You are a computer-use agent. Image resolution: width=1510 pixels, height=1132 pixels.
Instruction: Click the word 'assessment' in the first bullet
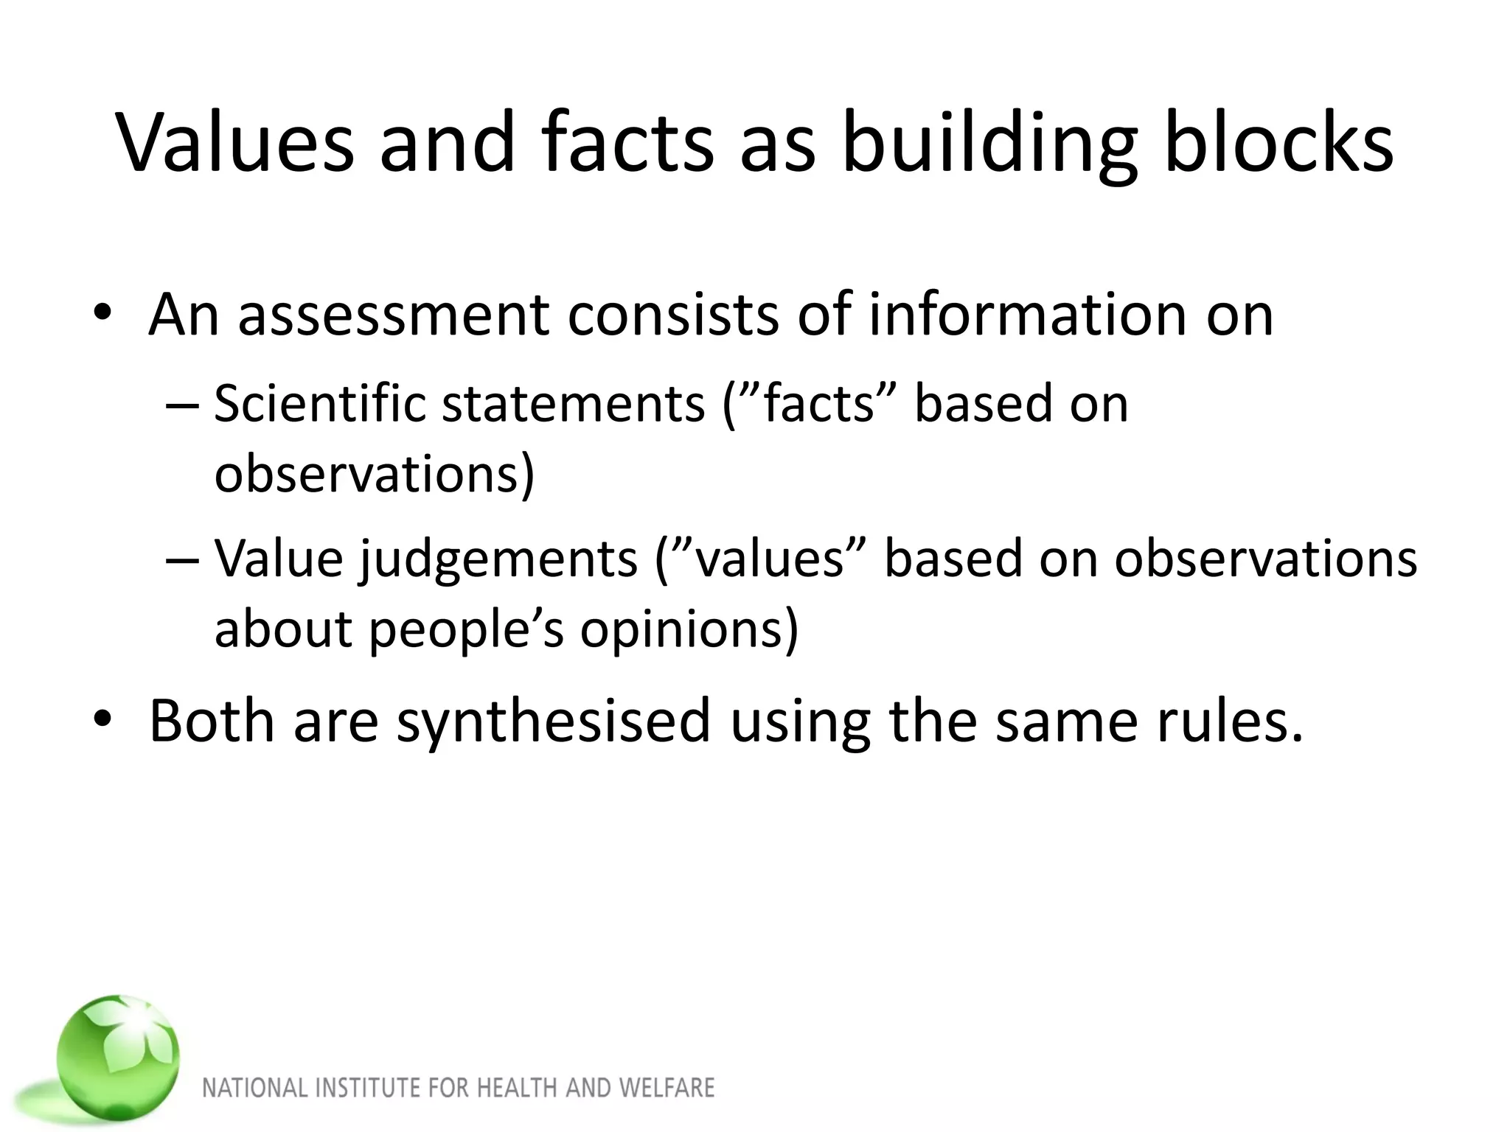(x=394, y=315)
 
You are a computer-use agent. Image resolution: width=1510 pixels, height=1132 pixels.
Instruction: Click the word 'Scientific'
(x=320, y=405)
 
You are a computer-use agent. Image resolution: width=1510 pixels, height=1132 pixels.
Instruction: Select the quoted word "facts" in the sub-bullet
(x=818, y=405)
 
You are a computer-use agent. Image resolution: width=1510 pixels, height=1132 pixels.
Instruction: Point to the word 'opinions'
(x=689, y=629)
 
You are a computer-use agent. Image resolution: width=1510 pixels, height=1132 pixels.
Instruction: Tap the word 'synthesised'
(x=553, y=722)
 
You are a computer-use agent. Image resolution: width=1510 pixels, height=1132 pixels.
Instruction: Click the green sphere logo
(x=118, y=1055)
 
